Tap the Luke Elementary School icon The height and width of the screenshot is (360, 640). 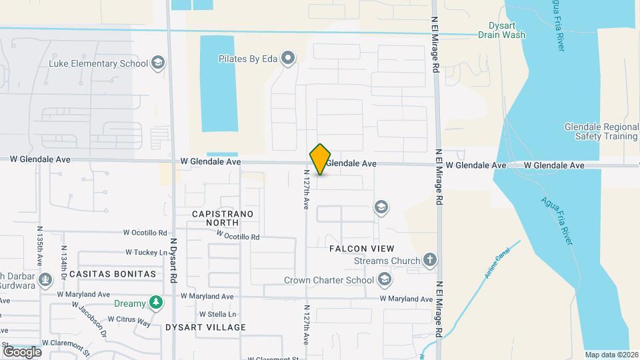coord(157,64)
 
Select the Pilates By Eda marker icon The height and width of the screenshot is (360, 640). coord(288,59)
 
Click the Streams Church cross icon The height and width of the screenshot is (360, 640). coord(430,261)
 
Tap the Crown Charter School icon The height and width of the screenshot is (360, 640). coord(384,279)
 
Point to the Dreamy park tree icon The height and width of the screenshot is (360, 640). coord(155,303)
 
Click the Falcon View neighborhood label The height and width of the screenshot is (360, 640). coord(357,248)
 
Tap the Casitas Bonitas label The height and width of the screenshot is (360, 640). coord(113,274)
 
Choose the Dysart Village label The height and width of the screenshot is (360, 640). coord(206,327)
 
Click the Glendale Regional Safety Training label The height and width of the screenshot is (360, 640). coord(601,131)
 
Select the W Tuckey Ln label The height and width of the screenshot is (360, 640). coord(147,253)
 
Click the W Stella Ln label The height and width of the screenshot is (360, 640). coord(218,314)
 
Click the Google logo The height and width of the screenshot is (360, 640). coord(22,351)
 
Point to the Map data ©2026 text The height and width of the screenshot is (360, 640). coord(611,355)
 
